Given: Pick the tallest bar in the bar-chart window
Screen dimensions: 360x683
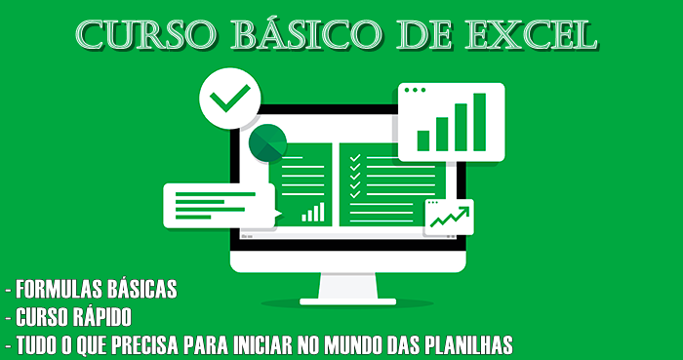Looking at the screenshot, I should point(479,123).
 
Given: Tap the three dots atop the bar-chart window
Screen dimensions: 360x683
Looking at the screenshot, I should point(415,90).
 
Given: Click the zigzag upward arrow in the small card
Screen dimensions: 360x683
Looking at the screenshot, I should point(449,216).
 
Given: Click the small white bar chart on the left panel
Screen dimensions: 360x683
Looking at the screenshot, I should point(312,211).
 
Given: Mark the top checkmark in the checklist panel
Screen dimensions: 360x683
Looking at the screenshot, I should point(355,156).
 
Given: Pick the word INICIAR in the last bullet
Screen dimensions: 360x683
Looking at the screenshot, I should point(254,344).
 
